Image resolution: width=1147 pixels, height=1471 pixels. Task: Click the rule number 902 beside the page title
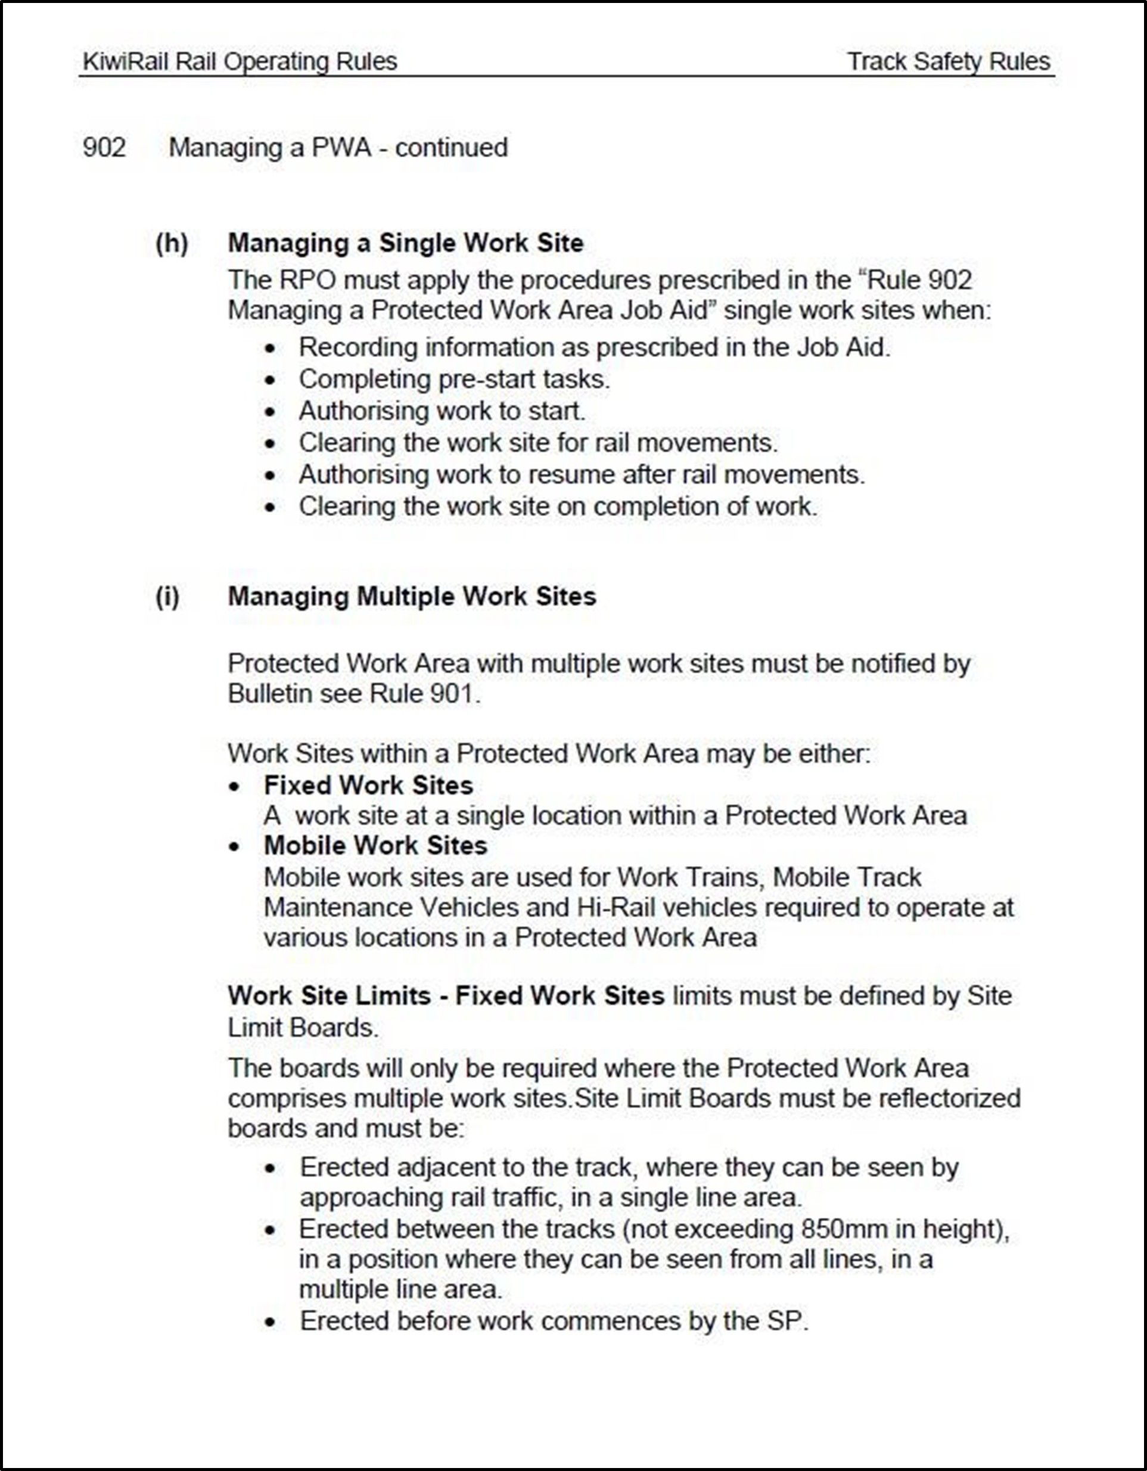pos(104,147)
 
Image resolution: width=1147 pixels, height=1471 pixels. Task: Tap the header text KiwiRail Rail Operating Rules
pos(239,62)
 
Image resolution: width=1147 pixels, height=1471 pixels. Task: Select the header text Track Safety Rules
pos(949,62)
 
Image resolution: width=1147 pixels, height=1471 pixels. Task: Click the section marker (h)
pos(172,243)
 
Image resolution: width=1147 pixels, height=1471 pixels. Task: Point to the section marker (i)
pos(167,597)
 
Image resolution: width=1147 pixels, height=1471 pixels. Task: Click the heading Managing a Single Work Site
pos(405,243)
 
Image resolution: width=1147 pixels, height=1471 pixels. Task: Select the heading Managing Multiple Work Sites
pos(412,597)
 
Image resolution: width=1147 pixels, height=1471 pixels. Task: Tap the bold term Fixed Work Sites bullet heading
pos(368,786)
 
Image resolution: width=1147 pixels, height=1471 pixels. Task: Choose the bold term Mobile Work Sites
pos(375,846)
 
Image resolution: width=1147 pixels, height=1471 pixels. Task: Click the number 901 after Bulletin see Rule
pos(453,694)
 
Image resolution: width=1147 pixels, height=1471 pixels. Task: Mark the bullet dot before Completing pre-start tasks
pos(270,380)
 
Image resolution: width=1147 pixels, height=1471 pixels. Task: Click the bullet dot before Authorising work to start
pos(270,412)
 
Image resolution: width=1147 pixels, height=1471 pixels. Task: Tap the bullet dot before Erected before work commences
pos(270,1322)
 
